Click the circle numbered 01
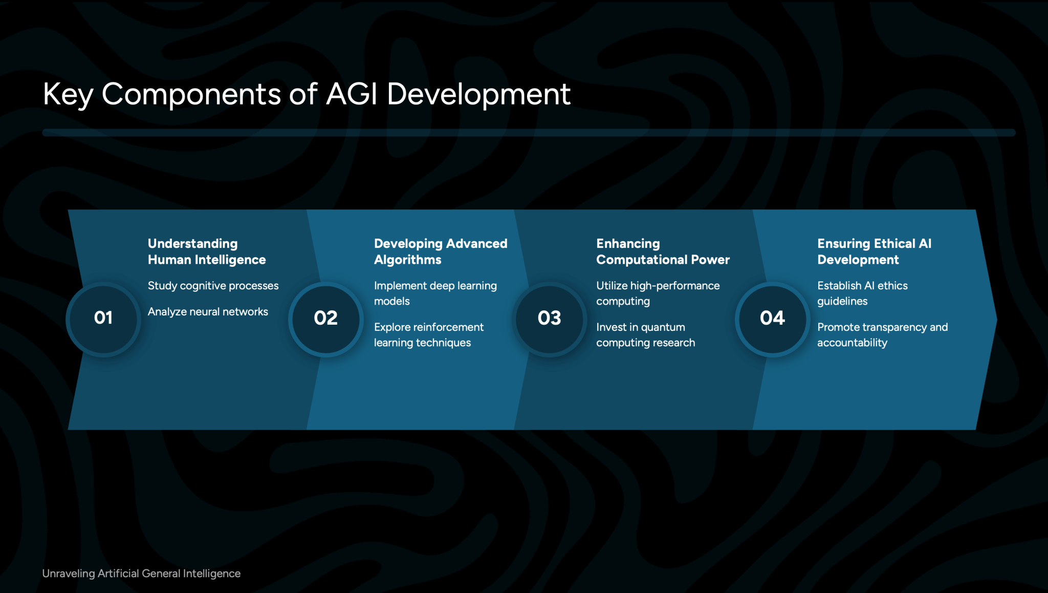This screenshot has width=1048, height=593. [x=103, y=319]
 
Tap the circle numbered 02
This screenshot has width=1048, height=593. [x=326, y=319]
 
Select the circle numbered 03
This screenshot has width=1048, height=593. [x=549, y=319]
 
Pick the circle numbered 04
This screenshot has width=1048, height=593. [x=772, y=319]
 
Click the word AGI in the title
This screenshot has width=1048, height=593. [x=352, y=94]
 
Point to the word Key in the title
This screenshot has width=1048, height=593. [x=68, y=95]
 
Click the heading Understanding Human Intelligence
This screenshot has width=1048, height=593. [x=206, y=251]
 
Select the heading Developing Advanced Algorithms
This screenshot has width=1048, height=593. [x=440, y=251]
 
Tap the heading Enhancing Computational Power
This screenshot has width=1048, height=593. [x=663, y=251]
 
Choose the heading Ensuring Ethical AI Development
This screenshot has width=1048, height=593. [x=874, y=251]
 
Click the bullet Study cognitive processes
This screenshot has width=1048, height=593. [x=213, y=286]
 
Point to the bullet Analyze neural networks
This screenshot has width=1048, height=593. [x=208, y=312]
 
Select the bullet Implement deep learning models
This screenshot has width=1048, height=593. [x=435, y=293]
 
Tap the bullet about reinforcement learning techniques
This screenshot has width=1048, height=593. [x=428, y=335]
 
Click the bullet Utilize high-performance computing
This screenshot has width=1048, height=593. [x=658, y=293]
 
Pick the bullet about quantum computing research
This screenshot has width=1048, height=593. [x=645, y=335]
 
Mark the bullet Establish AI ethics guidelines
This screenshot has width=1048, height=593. [x=862, y=293]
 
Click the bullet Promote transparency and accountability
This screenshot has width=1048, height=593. [x=882, y=335]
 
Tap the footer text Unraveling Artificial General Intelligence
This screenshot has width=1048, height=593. [x=141, y=574]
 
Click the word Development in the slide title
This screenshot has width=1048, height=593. [x=478, y=94]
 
